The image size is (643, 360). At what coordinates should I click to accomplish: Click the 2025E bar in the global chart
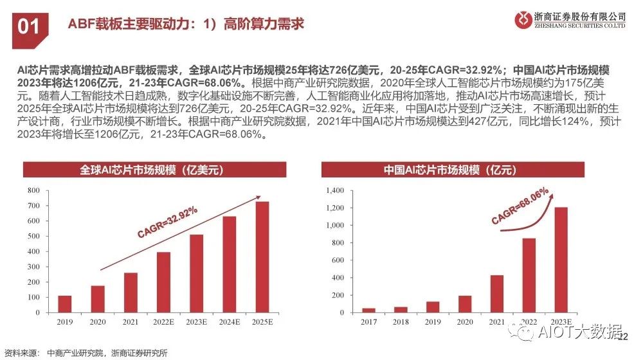262,257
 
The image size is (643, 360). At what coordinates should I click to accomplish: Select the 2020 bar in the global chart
98,299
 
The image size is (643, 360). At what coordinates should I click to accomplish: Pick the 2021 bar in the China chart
496,294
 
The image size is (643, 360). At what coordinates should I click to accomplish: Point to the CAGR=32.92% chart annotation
166,223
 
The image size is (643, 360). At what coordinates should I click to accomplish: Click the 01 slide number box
29,25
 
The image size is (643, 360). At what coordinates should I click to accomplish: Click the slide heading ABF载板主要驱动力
186,25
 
